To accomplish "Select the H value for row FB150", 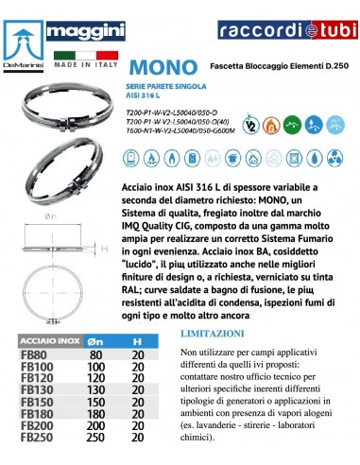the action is pos(138,402).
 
